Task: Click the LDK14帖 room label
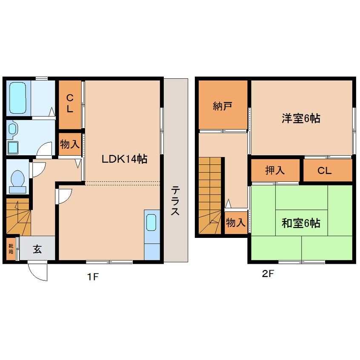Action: tap(124, 159)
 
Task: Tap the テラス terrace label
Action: tap(175, 201)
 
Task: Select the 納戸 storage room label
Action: tap(222, 106)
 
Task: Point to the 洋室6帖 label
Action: tap(301, 118)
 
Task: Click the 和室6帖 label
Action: tap(301, 223)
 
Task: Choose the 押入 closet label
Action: tap(275, 170)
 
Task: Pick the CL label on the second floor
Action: tap(324, 171)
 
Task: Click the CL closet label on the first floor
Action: tap(70, 103)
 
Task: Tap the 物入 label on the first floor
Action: tap(70, 144)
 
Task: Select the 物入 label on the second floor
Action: tap(236, 223)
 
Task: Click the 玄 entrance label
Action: tap(37, 249)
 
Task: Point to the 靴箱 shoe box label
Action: tap(11, 249)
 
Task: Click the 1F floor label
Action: tap(93, 277)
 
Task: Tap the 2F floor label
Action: tap(268, 274)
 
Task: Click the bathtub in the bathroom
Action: tap(18, 98)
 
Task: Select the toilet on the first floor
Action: tap(18, 181)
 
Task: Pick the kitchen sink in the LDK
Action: tap(151, 222)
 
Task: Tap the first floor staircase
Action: tap(18, 217)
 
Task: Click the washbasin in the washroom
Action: tap(12, 129)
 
